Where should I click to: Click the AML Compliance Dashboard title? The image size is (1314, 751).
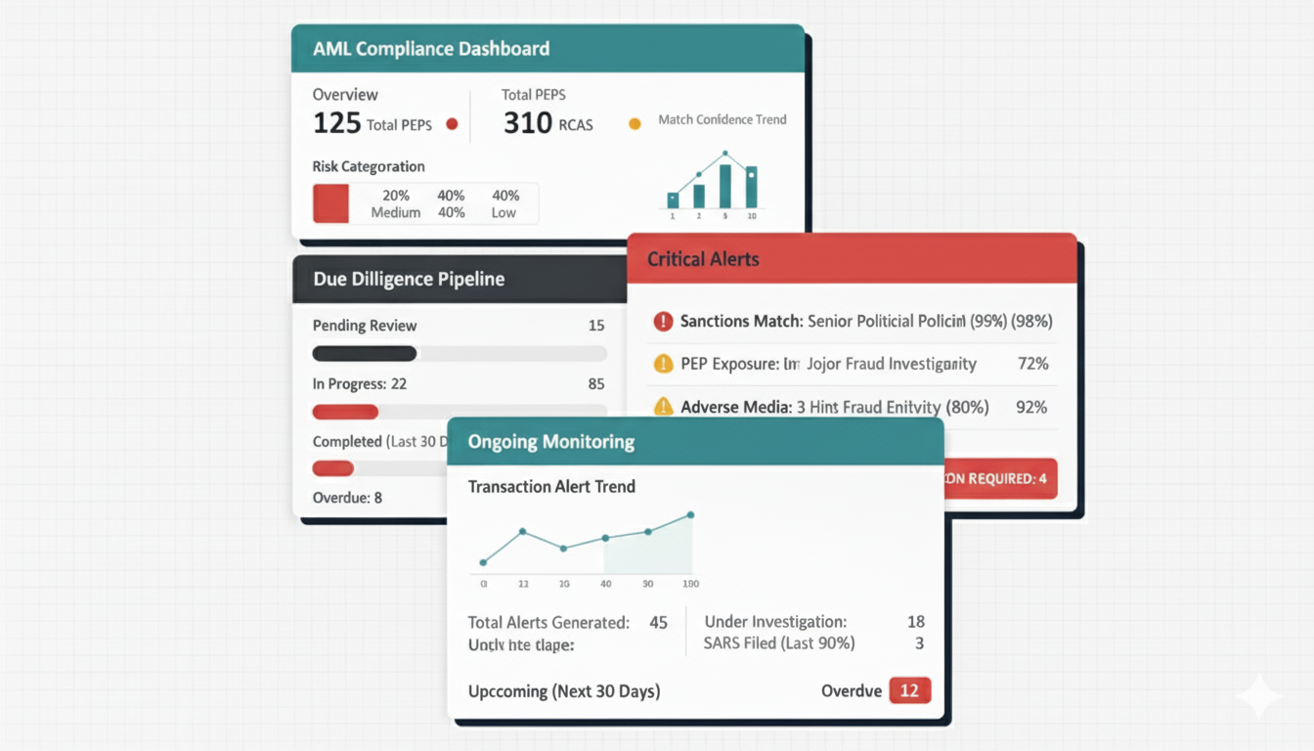431,49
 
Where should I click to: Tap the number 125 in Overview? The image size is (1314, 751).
336,124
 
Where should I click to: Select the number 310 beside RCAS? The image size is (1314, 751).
527,124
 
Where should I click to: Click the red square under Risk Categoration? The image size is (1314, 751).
330,203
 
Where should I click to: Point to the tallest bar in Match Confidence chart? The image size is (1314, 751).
725,185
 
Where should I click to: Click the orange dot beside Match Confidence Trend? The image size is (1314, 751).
635,124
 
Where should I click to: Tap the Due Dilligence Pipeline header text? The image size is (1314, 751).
409,280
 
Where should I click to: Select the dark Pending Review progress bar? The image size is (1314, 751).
364,354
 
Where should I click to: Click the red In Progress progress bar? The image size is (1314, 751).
345,412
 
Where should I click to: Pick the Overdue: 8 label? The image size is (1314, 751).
347,498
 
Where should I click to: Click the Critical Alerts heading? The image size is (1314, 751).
703,260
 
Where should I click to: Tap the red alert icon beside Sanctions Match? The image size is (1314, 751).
664,321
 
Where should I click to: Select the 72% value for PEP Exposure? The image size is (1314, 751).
1032,364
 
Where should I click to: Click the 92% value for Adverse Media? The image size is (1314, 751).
1031,407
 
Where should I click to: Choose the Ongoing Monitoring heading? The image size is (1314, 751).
551,442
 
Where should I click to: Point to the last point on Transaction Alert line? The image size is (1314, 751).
691,514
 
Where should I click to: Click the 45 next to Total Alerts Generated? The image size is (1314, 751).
658,622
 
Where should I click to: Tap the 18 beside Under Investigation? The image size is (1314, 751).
915,622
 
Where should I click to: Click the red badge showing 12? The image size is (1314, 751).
909,690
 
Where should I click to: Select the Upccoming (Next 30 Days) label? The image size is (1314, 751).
564,691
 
